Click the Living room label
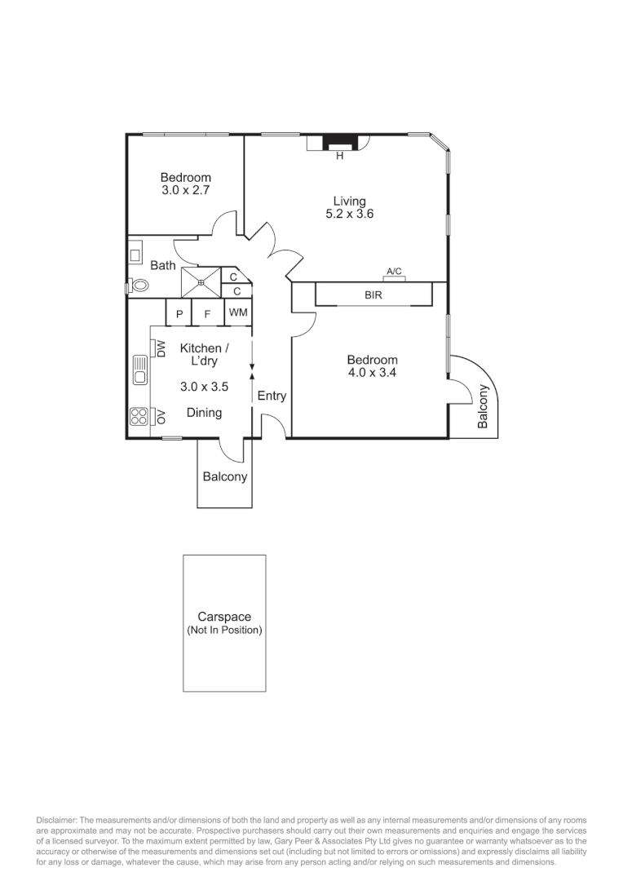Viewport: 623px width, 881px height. coord(349,201)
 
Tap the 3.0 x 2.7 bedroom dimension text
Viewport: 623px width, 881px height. coord(185,191)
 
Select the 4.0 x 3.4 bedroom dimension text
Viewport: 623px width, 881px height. coord(372,374)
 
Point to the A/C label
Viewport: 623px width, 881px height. coord(394,272)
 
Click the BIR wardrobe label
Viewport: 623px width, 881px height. coord(373,294)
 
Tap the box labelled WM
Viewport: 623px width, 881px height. coord(237,312)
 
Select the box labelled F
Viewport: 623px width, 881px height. coord(207,313)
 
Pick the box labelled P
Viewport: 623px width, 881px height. coord(179,313)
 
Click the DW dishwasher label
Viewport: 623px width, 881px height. coord(161,348)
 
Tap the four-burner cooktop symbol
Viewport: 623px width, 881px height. coord(138,417)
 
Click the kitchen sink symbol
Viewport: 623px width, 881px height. coord(139,371)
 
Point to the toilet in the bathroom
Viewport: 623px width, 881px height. coord(139,286)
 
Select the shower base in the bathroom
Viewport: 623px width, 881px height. coord(201,283)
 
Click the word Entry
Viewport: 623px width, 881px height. coord(272,396)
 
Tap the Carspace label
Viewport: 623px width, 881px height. coord(223,618)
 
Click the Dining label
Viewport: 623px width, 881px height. coord(204,413)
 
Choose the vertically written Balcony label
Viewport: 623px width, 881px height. coord(483,406)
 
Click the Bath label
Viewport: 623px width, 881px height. coord(163,266)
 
